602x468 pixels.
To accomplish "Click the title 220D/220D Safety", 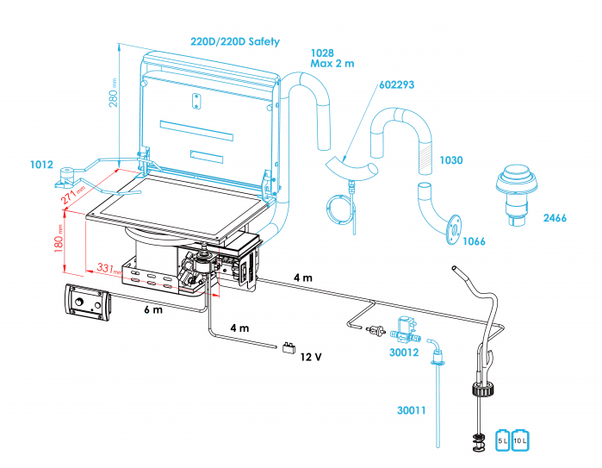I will coord(235,41).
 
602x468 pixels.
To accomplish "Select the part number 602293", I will coord(397,84).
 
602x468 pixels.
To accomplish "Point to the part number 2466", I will coord(555,218).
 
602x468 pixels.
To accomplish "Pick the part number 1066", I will coord(474,241).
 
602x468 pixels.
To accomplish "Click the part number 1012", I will coord(41,164).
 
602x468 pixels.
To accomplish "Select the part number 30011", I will coord(412,410).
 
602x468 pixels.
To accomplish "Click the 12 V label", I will coord(312,356).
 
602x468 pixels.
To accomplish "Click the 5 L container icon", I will coord(504,440).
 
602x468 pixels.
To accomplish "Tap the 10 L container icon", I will coord(521,440).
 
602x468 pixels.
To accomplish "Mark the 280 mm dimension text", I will coord(113,93).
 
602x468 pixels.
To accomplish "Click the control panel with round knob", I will coord(88,303).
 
